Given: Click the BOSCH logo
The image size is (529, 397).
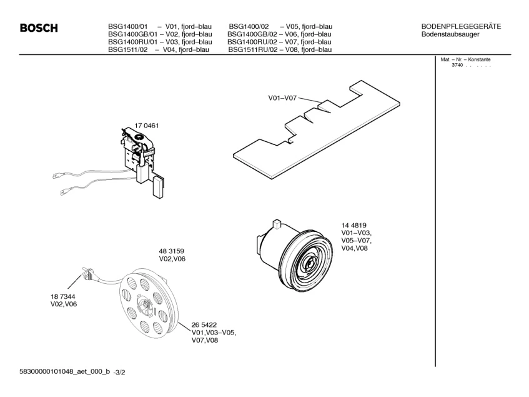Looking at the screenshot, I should click(x=39, y=28).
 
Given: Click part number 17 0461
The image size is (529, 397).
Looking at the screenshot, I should click(x=147, y=126).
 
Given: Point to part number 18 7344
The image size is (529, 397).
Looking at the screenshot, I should click(x=63, y=296).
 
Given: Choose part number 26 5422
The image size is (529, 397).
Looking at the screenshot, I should click(x=204, y=324).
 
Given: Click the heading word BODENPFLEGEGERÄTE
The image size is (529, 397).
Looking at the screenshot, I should click(x=461, y=26).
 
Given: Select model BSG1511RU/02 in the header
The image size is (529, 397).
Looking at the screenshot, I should click(x=252, y=49).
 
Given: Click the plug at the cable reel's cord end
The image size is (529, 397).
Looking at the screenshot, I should click(x=85, y=273).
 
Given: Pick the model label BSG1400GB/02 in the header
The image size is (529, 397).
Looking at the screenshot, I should click(x=252, y=34).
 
